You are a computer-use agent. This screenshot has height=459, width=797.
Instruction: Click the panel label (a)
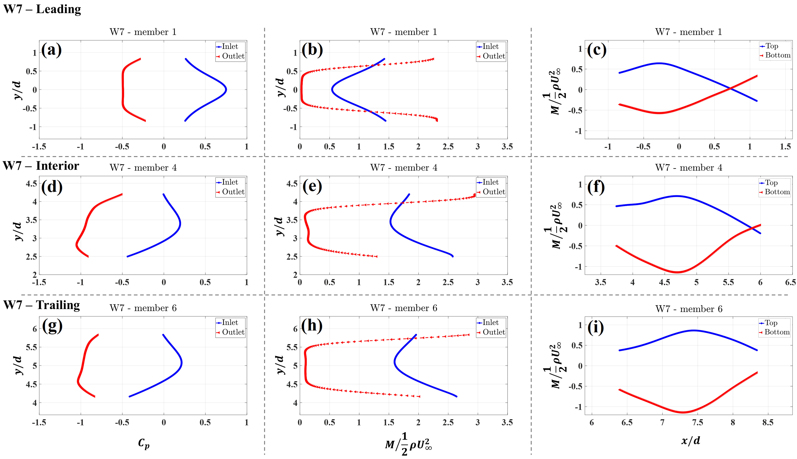[x=51, y=50]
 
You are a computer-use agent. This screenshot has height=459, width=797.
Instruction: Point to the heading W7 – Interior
[x=41, y=166]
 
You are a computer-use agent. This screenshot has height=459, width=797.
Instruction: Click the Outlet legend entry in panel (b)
[x=493, y=56]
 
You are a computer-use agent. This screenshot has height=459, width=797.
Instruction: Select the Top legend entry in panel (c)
[x=771, y=46]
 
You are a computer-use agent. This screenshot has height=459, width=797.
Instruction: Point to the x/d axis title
[x=691, y=440]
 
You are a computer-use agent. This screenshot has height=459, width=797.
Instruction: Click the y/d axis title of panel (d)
[x=18, y=231]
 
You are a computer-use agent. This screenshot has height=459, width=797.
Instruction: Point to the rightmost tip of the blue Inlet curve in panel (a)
[x=226, y=90]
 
